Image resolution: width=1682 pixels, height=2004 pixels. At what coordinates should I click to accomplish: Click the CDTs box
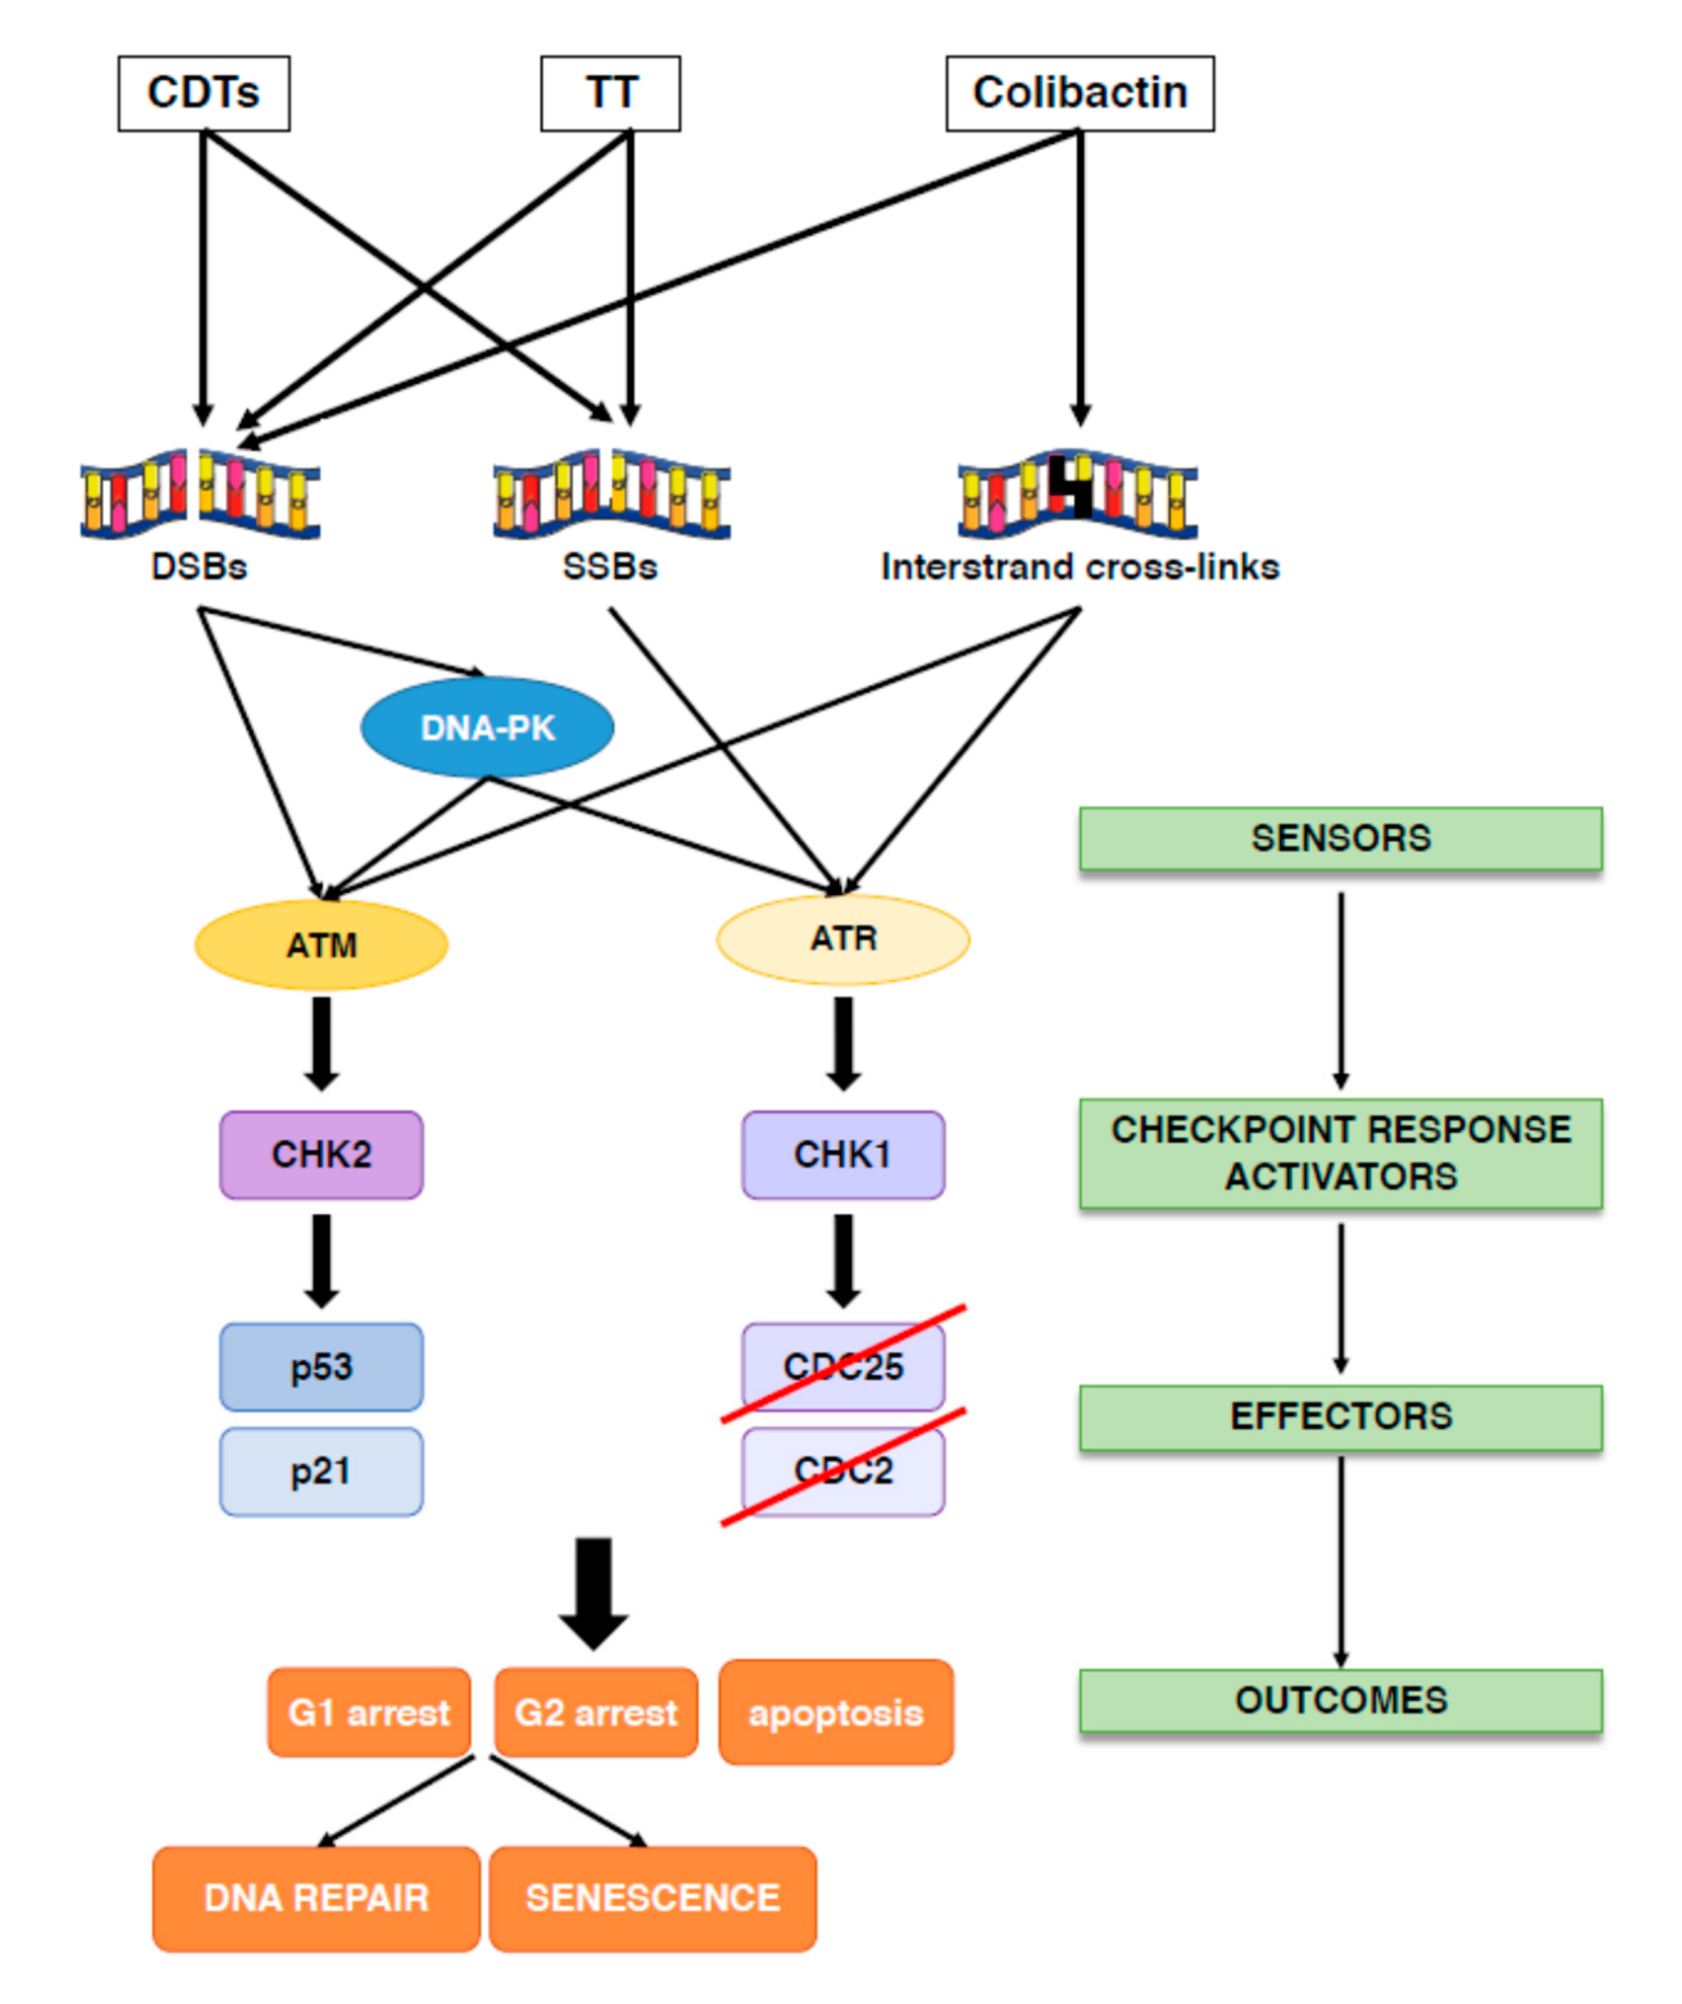(204, 93)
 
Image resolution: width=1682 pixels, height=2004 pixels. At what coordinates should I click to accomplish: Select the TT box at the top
(610, 93)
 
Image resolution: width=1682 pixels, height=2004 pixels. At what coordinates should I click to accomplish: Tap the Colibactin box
(1080, 93)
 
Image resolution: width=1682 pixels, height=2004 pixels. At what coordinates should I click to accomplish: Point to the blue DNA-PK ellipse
(487, 728)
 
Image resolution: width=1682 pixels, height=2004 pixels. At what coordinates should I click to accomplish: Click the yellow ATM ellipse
(322, 945)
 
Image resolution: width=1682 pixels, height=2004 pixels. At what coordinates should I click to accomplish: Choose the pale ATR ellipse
(843, 939)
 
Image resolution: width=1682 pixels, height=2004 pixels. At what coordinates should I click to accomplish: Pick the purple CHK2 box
(322, 1154)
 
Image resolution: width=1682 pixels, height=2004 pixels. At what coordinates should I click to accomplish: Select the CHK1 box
(843, 1154)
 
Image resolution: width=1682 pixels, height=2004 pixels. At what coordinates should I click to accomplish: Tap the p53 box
(322, 1367)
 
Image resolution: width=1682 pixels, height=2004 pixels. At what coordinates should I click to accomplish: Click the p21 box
(322, 1471)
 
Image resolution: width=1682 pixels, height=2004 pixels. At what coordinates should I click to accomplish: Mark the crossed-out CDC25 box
(843, 1367)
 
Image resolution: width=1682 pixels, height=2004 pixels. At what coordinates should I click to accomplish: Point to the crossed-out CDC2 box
(843, 1471)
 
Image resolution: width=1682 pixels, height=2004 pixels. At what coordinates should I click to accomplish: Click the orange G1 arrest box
(369, 1713)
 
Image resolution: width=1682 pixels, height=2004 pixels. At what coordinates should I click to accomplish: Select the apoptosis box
(835, 1713)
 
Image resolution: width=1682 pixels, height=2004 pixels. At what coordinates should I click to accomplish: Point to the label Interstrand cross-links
(1080, 567)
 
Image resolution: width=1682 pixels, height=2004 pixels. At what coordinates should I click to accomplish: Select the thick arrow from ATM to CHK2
(322, 1043)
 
